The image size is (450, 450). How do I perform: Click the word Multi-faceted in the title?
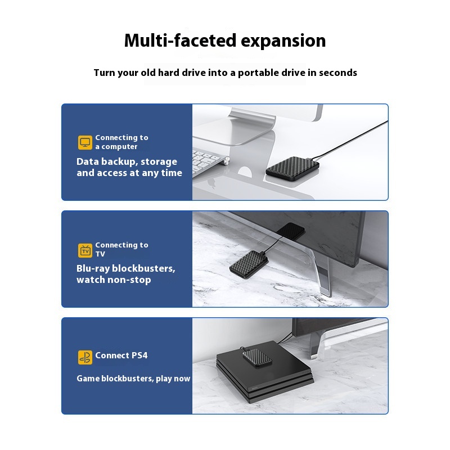(180, 40)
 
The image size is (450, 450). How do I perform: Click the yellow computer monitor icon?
(85, 142)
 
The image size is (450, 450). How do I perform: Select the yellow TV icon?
(85, 250)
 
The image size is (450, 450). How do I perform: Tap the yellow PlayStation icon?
(85, 357)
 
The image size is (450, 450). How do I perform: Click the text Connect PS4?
(121, 355)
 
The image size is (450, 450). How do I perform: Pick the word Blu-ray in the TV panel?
(93, 269)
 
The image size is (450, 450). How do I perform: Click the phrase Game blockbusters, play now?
(133, 379)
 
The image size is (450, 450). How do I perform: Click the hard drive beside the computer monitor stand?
(292, 168)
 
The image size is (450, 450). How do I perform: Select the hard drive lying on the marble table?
(249, 264)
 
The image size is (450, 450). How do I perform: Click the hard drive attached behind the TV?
(290, 231)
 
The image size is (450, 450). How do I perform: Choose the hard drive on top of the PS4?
(257, 358)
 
